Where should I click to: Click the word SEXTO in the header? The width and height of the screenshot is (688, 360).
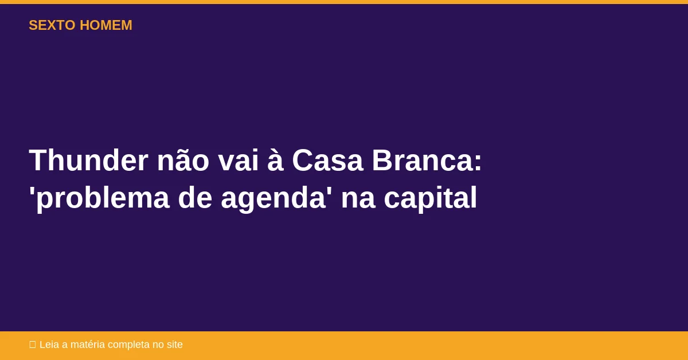(52, 25)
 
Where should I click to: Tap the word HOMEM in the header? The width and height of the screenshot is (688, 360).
(106, 25)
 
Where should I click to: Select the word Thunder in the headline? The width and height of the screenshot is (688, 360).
(88, 160)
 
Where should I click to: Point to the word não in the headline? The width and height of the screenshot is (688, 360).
(183, 160)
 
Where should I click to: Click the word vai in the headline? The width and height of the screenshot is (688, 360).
(238, 160)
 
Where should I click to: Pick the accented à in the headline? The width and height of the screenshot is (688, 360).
(275, 160)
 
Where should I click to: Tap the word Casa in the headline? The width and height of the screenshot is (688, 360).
(327, 160)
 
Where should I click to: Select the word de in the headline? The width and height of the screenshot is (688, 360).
(195, 198)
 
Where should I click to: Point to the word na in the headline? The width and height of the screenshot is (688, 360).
(358, 198)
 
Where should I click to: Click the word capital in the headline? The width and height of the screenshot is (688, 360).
(430, 198)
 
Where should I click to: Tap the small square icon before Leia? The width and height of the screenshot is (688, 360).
(33, 345)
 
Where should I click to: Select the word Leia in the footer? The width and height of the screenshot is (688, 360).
(49, 345)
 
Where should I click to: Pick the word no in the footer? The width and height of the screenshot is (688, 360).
(158, 345)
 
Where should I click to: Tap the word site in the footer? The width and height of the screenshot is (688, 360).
(174, 345)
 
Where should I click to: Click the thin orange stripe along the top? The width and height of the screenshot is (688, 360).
(344, 2)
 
